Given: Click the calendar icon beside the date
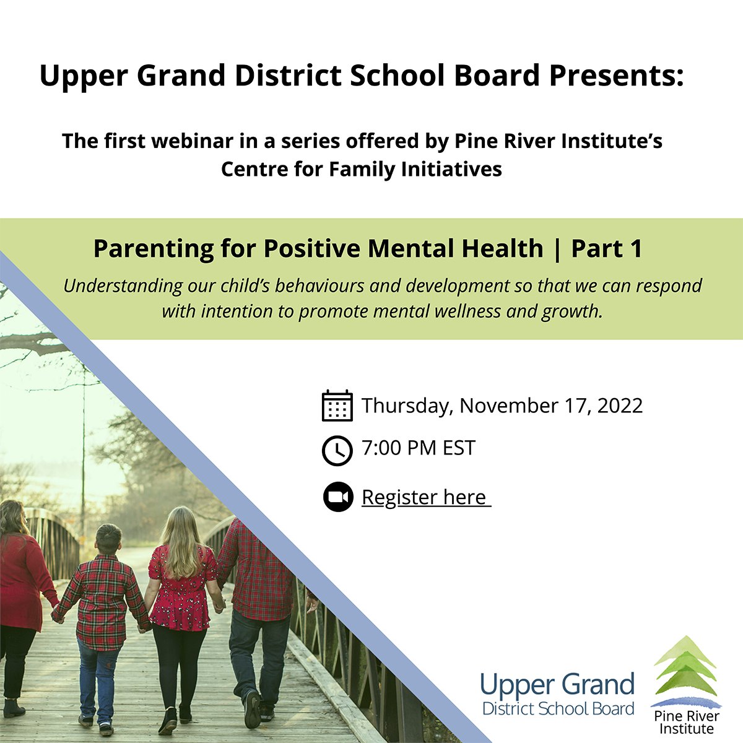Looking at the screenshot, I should click(x=337, y=406).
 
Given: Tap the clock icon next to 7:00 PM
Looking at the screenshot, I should click(x=337, y=450).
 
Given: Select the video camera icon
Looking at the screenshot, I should click(x=337, y=497).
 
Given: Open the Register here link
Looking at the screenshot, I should click(x=425, y=497).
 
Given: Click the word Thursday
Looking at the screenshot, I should click(x=406, y=406).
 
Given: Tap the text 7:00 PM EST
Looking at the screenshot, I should click(x=419, y=448).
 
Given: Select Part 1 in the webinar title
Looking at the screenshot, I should click(x=606, y=248).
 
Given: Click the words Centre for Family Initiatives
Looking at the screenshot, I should click(x=362, y=169).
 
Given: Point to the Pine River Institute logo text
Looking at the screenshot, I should click(x=685, y=722).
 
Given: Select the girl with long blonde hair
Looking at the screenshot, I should click(x=181, y=594).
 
